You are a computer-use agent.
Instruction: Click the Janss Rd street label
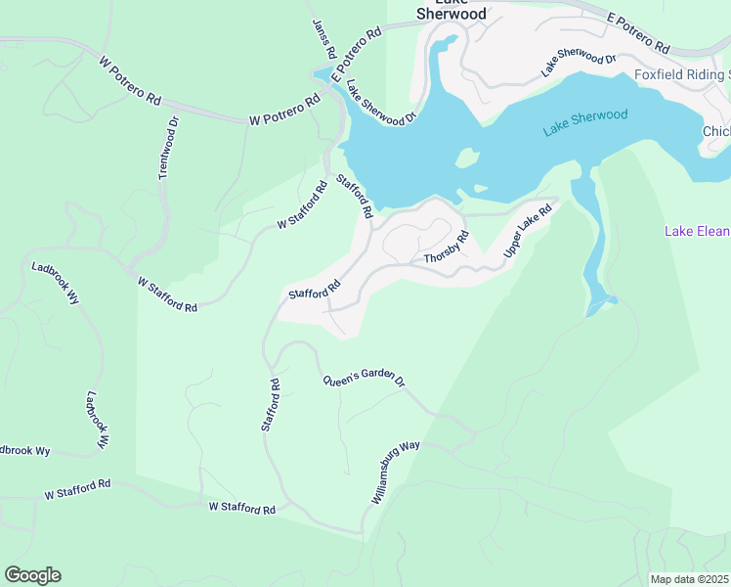[324, 38]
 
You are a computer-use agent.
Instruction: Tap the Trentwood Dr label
[169, 148]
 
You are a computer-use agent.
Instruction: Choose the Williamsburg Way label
[396, 473]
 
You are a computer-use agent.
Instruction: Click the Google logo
[32, 575]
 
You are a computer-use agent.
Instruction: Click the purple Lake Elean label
[697, 232]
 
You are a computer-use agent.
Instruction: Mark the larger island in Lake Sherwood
[466, 158]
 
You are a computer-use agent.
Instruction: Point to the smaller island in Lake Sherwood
[480, 189]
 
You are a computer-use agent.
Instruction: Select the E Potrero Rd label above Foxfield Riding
[637, 33]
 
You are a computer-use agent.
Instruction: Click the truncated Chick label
[715, 132]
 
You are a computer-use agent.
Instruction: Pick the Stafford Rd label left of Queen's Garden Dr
[270, 405]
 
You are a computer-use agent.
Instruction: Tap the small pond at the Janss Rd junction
[322, 75]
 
